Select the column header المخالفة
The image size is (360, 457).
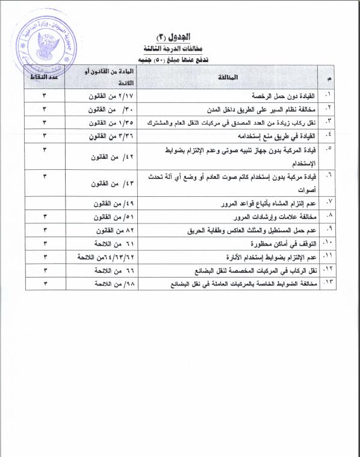231,78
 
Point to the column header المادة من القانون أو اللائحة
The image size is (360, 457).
103,78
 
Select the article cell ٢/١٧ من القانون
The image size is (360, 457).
104,97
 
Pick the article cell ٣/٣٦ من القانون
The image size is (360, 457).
104,136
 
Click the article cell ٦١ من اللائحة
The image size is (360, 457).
104,244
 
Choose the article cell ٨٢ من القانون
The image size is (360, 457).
104,230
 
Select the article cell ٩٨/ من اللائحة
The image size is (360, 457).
104,284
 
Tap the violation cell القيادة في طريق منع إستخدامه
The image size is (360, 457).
270,136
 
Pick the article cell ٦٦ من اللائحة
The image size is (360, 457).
104,270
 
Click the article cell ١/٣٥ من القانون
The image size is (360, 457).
104,123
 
